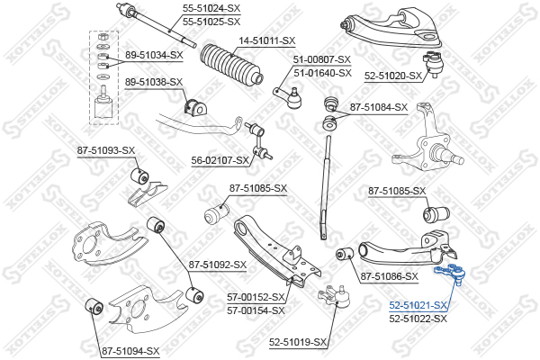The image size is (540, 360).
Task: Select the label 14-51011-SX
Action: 266,40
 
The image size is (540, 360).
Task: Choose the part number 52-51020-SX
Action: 393,76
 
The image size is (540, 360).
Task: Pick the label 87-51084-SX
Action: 379,107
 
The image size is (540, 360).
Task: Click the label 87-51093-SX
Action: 105,149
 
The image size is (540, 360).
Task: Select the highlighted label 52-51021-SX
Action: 418,306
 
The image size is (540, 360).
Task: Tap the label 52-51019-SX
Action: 300,341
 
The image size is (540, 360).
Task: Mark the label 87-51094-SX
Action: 130,351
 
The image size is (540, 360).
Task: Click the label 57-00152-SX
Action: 256,297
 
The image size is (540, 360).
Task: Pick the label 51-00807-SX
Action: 322,60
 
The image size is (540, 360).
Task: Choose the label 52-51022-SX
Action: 418,319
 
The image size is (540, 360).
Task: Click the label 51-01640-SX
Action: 322,72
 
